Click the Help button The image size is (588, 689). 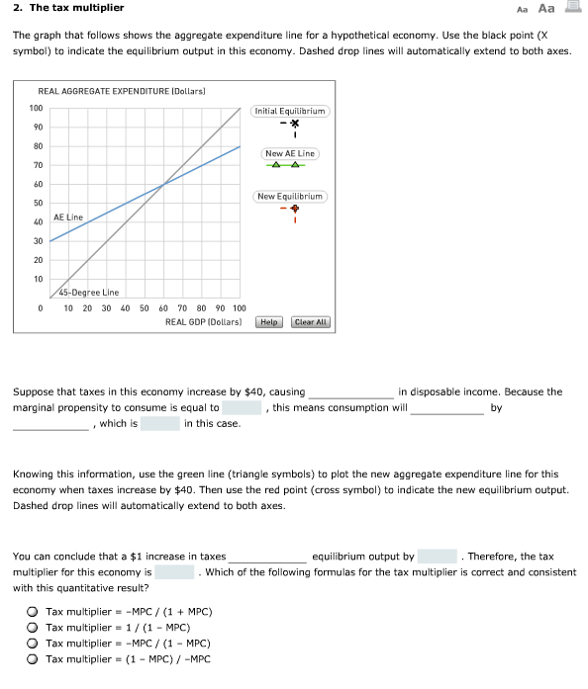pyautogui.click(x=269, y=322)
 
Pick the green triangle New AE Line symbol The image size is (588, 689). pyautogui.click(x=289, y=165)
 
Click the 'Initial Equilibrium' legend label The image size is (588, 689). pyautogui.click(x=290, y=111)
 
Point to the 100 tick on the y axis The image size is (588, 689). pyautogui.click(x=36, y=108)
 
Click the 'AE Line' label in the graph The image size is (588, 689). pyautogui.click(x=68, y=216)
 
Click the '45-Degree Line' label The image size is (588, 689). pyautogui.click(x=89, y=293)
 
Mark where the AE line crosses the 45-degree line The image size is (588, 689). pyautogui.click(x=163, y=184)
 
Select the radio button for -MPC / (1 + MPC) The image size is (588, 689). pyautogui.click(x=34, y=612)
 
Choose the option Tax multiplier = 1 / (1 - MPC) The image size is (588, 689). pyautogui.click(x=34, y=628)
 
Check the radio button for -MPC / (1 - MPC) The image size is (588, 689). pyautogui.click(x=34, y=644)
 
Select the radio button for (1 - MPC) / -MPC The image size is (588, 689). pyautogui.click(x=34, y=659)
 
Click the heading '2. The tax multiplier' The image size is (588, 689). pyautogui.click(x=68, y=9)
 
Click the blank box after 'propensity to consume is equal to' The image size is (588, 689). pyautogui.click(x=242, y=407)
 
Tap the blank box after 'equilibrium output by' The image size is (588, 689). pyautogui.click(x=437, y=557)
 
